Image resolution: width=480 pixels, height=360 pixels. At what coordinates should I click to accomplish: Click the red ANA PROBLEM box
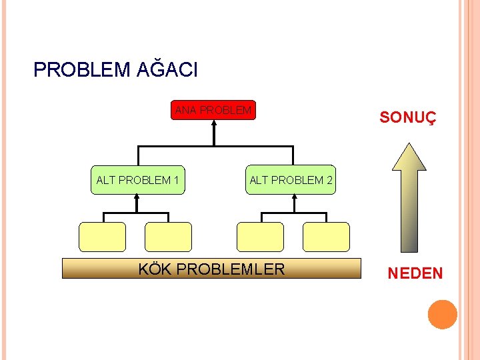[x=214, y=111]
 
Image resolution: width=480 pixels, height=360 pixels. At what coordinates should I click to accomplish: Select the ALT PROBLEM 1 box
[x=137, y=180]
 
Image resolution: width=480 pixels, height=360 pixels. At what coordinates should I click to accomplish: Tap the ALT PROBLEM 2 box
[x=291, y=180]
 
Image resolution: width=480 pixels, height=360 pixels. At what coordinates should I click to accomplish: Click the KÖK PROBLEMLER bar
[x=211, y=269]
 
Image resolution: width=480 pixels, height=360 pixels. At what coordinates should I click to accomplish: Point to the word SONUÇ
[x=407, y=118]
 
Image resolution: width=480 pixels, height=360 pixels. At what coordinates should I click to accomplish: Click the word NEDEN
[x=415, y=273]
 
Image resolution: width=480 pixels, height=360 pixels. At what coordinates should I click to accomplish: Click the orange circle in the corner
[x=443, y=315]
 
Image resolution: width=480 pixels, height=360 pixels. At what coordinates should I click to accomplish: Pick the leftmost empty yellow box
[x=102, y=237]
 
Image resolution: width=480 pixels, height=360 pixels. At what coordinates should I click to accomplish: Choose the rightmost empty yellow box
[x=326, y=237]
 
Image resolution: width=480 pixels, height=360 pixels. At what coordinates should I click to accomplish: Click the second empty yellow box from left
[x=168, y=237]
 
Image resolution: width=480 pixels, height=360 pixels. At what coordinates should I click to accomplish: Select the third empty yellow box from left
[x=260, y=237]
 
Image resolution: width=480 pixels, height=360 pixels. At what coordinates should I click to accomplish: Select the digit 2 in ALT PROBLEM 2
[x=329, y=180]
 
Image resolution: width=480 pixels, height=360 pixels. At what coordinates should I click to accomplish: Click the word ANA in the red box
[x=186, y=111]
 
